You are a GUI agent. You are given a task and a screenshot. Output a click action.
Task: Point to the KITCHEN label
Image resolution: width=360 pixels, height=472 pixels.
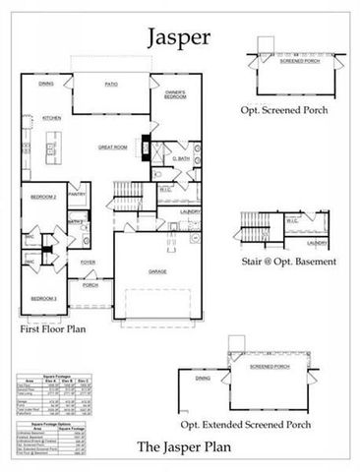[51, 117]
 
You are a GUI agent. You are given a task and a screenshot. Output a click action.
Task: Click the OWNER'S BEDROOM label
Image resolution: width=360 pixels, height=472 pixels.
[174, 96]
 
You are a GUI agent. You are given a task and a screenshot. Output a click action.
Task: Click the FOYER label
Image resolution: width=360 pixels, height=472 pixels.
[89, 263]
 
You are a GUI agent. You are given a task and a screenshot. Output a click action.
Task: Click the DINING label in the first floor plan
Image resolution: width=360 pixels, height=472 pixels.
[46, 85]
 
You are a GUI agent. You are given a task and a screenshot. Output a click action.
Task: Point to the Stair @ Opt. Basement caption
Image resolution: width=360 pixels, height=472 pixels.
[289, 262]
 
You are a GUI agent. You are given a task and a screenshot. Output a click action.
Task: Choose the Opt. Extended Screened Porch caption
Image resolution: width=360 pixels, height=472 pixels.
[260, 424]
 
